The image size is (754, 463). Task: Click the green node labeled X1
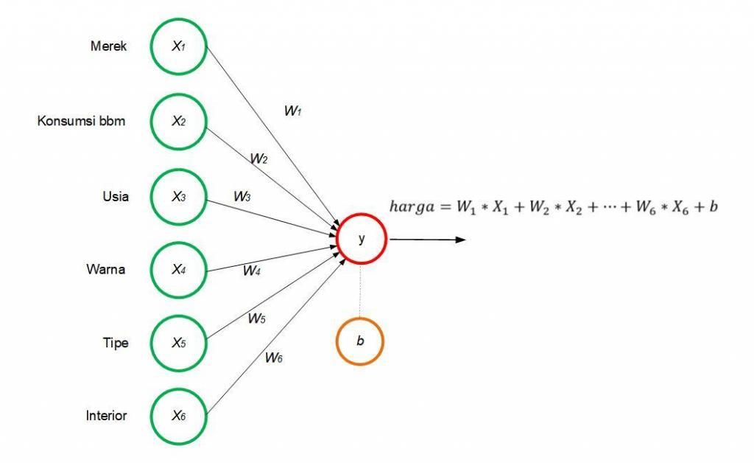179,46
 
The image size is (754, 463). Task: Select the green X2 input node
179,122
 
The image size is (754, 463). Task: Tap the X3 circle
179,197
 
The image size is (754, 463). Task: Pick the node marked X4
179,270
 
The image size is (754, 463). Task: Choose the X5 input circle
179,343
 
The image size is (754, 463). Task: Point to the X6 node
179,416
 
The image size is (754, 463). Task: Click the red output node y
361,239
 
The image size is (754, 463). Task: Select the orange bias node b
360,341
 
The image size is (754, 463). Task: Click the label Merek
108,46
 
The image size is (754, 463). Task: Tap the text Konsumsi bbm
81,121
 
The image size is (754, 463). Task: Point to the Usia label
116,197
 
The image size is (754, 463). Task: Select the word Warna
106,270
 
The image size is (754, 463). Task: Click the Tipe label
116,343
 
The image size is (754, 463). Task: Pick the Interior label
106,416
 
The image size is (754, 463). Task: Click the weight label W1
293,111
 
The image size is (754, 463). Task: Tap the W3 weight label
242,197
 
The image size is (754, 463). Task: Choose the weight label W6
274,358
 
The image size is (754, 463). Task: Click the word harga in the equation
412,207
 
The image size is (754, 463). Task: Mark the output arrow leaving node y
427,239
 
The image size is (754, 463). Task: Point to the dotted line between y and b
360,290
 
